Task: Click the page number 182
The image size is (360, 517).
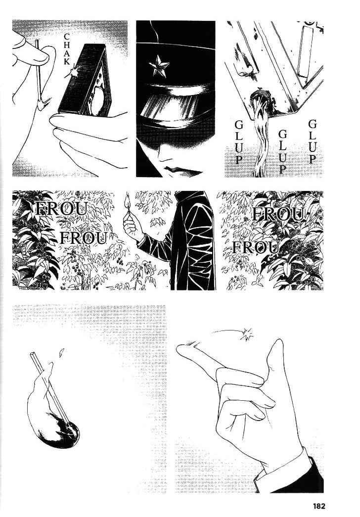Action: coord(319,506)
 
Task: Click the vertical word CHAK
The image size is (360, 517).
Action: coord(67,49)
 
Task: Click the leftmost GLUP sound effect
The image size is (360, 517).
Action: coord(238,142)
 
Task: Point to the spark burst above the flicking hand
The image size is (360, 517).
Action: coord(247,334)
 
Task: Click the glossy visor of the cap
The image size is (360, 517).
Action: coord(175,105)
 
